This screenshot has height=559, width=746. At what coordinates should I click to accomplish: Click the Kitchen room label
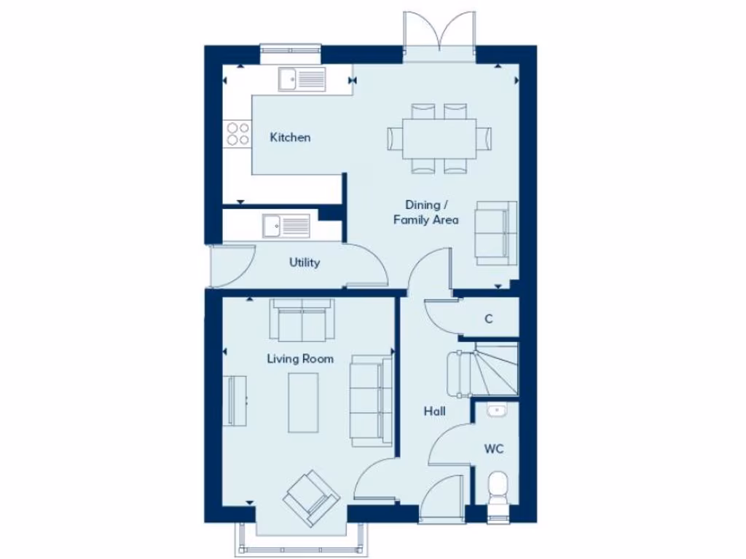290,138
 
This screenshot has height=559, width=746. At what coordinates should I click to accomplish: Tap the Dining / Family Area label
426,213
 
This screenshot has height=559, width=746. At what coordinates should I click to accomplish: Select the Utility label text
304,263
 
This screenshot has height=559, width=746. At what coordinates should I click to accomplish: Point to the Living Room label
300,359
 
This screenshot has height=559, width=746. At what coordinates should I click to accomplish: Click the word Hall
435,412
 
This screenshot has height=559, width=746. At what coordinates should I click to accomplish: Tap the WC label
493,449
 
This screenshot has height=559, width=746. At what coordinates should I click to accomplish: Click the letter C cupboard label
489,319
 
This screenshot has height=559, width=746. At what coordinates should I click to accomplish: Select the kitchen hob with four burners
237,133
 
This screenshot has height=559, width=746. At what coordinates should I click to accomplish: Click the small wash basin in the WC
496,411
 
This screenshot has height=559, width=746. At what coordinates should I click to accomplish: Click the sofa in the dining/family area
495,231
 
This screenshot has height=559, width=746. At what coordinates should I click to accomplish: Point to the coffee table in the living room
303,402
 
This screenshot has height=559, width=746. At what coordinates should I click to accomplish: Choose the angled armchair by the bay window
311,497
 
